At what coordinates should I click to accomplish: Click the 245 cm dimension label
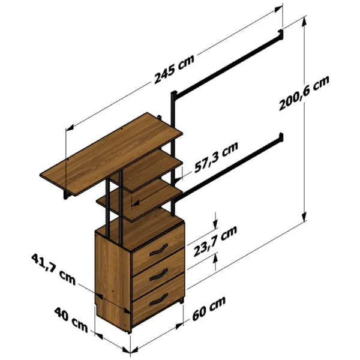click(x=174, y=69)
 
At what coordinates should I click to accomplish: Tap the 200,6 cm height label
click(x=304, y=93)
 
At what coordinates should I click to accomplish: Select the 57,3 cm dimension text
click(x=216, y=157)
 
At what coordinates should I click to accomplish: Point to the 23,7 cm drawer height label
click(x=215, y=242)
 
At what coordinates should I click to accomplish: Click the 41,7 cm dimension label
click(x=53, y=269)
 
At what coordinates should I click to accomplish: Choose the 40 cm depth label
click(x=71, y=320)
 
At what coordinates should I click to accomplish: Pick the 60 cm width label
click(x=209, y=308)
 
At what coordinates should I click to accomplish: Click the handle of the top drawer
click(x=158, y=250)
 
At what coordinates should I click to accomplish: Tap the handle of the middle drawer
click(x=158, y=275)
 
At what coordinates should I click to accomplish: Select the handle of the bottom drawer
click(x=158, y=299)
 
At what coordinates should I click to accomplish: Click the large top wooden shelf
click(x=112, y=154)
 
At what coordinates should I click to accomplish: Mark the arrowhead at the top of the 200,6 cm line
click(x=304, y=21)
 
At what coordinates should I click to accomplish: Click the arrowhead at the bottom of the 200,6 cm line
click(x=304, y=217)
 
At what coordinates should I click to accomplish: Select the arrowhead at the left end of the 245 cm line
click(x=70, y=128)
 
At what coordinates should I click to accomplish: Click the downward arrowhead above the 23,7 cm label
click(x=215, y=224)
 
